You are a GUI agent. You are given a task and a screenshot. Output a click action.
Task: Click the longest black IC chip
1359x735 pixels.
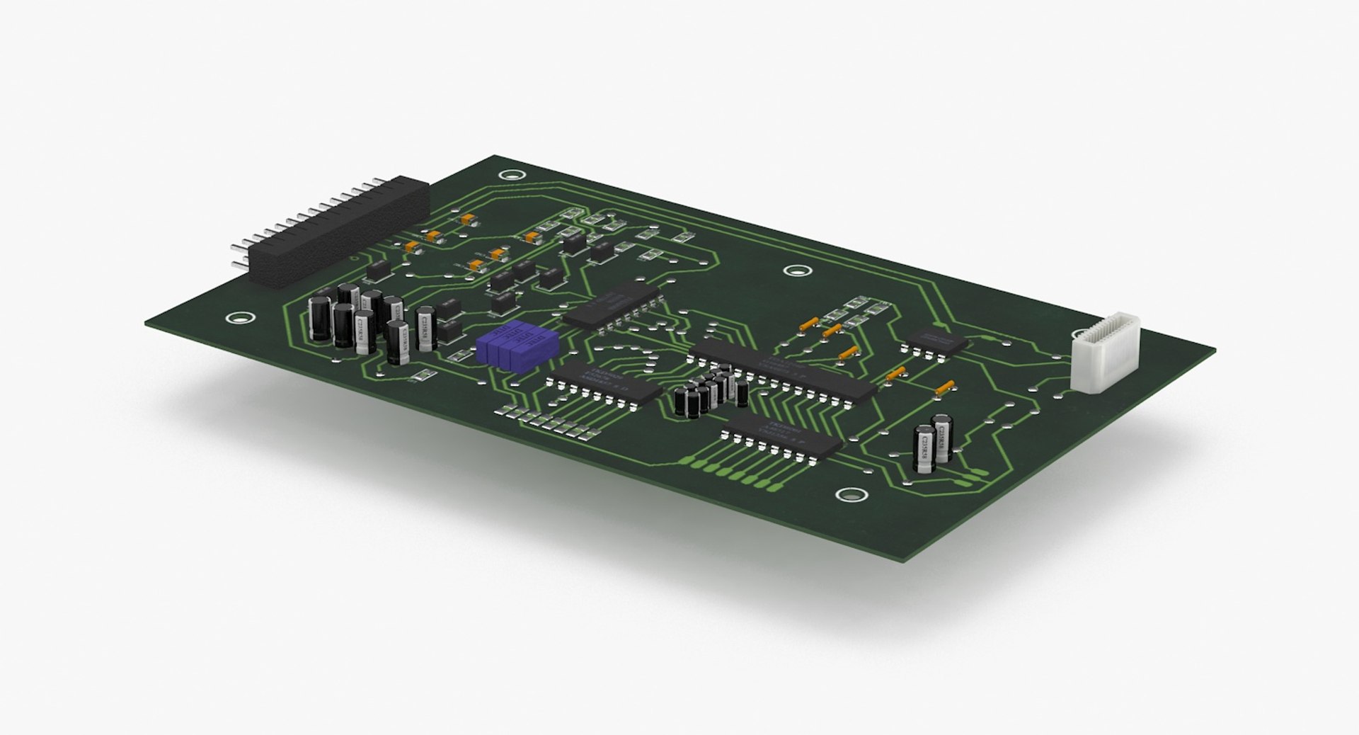[x=782, y=372]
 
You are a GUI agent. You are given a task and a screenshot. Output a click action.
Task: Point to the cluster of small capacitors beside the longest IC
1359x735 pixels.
[x=711, y=392]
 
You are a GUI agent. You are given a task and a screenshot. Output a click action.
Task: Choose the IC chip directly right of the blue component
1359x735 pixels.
[x=605, y=386]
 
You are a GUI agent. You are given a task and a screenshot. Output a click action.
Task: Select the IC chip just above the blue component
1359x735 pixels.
[x=616, y=308]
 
